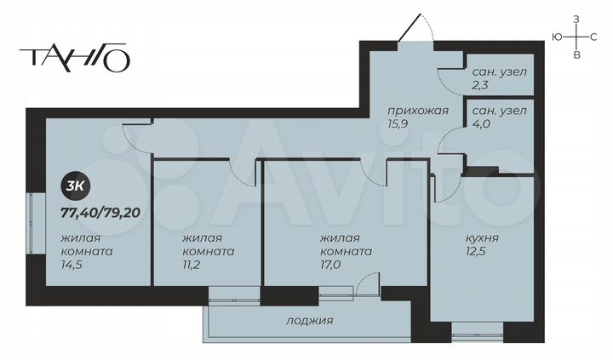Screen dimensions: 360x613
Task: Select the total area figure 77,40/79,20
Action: (x=100, y=212)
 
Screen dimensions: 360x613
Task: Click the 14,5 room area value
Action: (x=72, y=266)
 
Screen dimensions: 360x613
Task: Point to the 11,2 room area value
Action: (x=193, y=266)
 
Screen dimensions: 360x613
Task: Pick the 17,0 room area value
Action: (x=332, y=266)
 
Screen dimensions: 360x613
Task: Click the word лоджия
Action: (x=308, y=321)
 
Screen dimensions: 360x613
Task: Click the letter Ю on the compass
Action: (x=556, y=37)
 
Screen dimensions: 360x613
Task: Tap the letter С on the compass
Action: (x=595, y=37)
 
